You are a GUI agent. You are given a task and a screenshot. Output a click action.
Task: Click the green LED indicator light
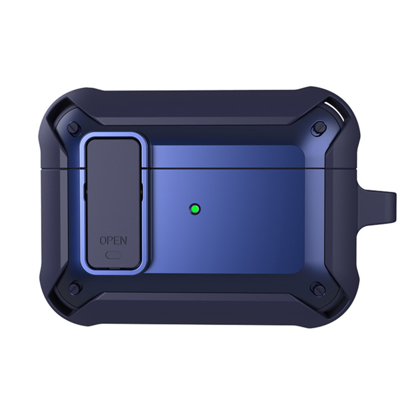pyautogui.click(x=195, y=209)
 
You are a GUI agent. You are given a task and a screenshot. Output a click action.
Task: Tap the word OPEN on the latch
pyautogui.click(x=113, y=240)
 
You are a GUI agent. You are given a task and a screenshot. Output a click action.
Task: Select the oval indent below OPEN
pyautogui.click(x=113, y=255)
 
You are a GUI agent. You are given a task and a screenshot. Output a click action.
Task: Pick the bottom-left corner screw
pyautogui.click(x=75, y=287)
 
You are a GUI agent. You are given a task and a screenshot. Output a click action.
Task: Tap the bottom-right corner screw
pyautogui.click(x=316, y=287)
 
